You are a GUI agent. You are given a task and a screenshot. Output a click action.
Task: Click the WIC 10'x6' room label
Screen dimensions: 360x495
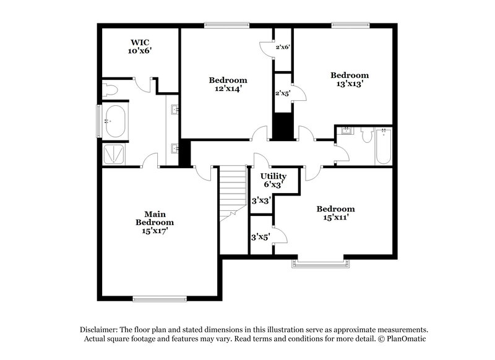click(x=140, y=47)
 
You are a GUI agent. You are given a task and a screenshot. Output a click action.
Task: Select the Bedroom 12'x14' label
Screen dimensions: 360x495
click(x=228, y=84)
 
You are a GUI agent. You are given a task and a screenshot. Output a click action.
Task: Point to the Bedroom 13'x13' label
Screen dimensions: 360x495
click(x=349, y=79)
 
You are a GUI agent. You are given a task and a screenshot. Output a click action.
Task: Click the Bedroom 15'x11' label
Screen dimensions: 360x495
click(x=335, y=213)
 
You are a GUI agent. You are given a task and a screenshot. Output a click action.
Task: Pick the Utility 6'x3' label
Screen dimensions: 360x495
click(x=273, y=180)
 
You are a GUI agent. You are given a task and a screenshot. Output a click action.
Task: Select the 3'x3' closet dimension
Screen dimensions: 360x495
click(x=260, y=200)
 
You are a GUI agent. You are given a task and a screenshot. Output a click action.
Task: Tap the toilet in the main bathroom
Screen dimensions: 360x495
click(x=110, y=90)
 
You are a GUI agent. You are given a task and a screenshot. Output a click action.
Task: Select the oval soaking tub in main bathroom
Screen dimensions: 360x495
click(x=114, y=121)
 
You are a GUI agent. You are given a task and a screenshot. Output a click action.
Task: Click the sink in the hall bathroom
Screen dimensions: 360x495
click(x=346, y=131)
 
